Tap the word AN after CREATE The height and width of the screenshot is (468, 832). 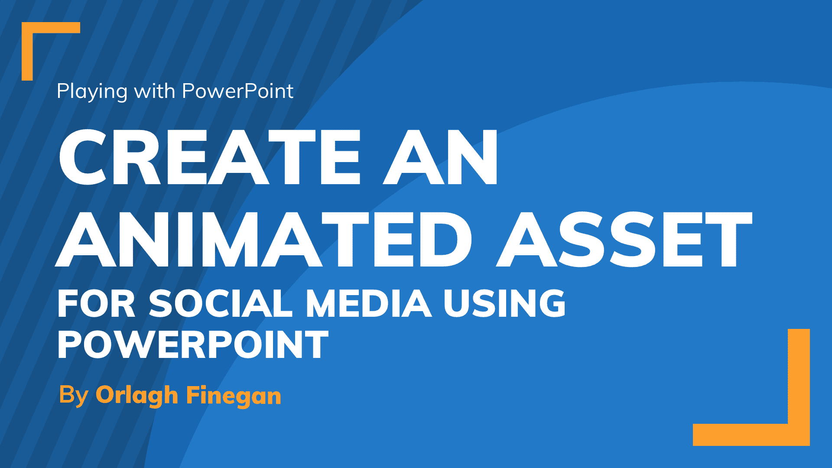click(x=440, y=157)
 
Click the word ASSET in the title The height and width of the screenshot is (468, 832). click(x=624, y=239)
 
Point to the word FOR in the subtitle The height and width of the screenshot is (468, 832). click(x=97, y=303)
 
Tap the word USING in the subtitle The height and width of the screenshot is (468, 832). click(x=505, y=303)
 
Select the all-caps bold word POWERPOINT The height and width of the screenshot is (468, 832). click(x=193, y=344)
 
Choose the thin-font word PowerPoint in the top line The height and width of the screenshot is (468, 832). click(x=238, y=91)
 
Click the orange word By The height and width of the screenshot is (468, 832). click(x=74, y=395)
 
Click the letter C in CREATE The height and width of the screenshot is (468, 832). click(x=82, y=157)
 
